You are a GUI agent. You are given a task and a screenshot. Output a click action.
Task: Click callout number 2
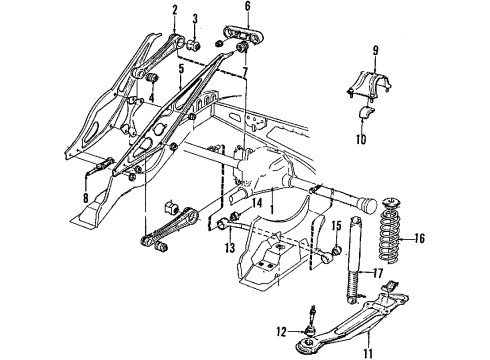(173, 12)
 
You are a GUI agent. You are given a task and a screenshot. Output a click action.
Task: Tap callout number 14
(258, 203)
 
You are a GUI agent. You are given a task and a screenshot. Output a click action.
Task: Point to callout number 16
(420, 240)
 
